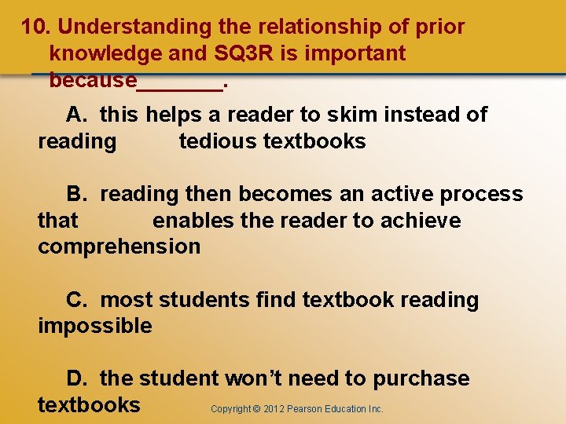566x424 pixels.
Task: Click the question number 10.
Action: [35, 27]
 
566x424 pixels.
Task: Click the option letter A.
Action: [76, 115]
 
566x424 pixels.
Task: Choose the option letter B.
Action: [76, 194]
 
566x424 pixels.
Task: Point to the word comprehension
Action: [119, 247]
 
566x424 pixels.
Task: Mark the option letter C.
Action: [76, 300]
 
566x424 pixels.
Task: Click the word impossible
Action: [94, 326]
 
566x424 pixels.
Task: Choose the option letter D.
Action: [76, 378]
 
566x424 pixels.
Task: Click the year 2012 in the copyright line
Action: [274, 409]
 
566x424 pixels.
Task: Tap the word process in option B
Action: [481, 194]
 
